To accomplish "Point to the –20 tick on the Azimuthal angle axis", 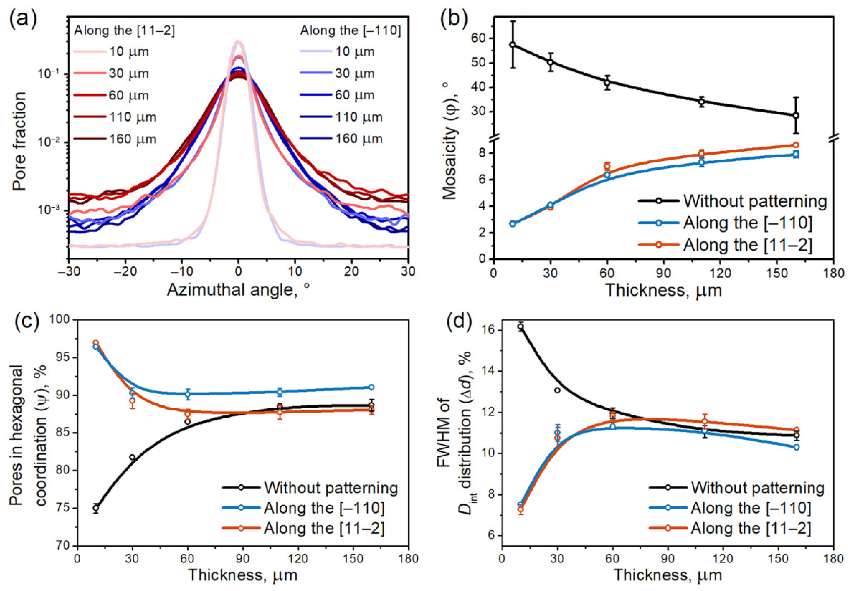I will tap(125, 272).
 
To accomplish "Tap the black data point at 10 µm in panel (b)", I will tap(512, 45).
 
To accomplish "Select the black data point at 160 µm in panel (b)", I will tap(796, 115).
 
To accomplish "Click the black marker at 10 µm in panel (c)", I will tap(96, 508).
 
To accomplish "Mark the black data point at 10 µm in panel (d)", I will tap(520, 326).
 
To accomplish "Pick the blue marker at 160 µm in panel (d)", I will tap(796, 447).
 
